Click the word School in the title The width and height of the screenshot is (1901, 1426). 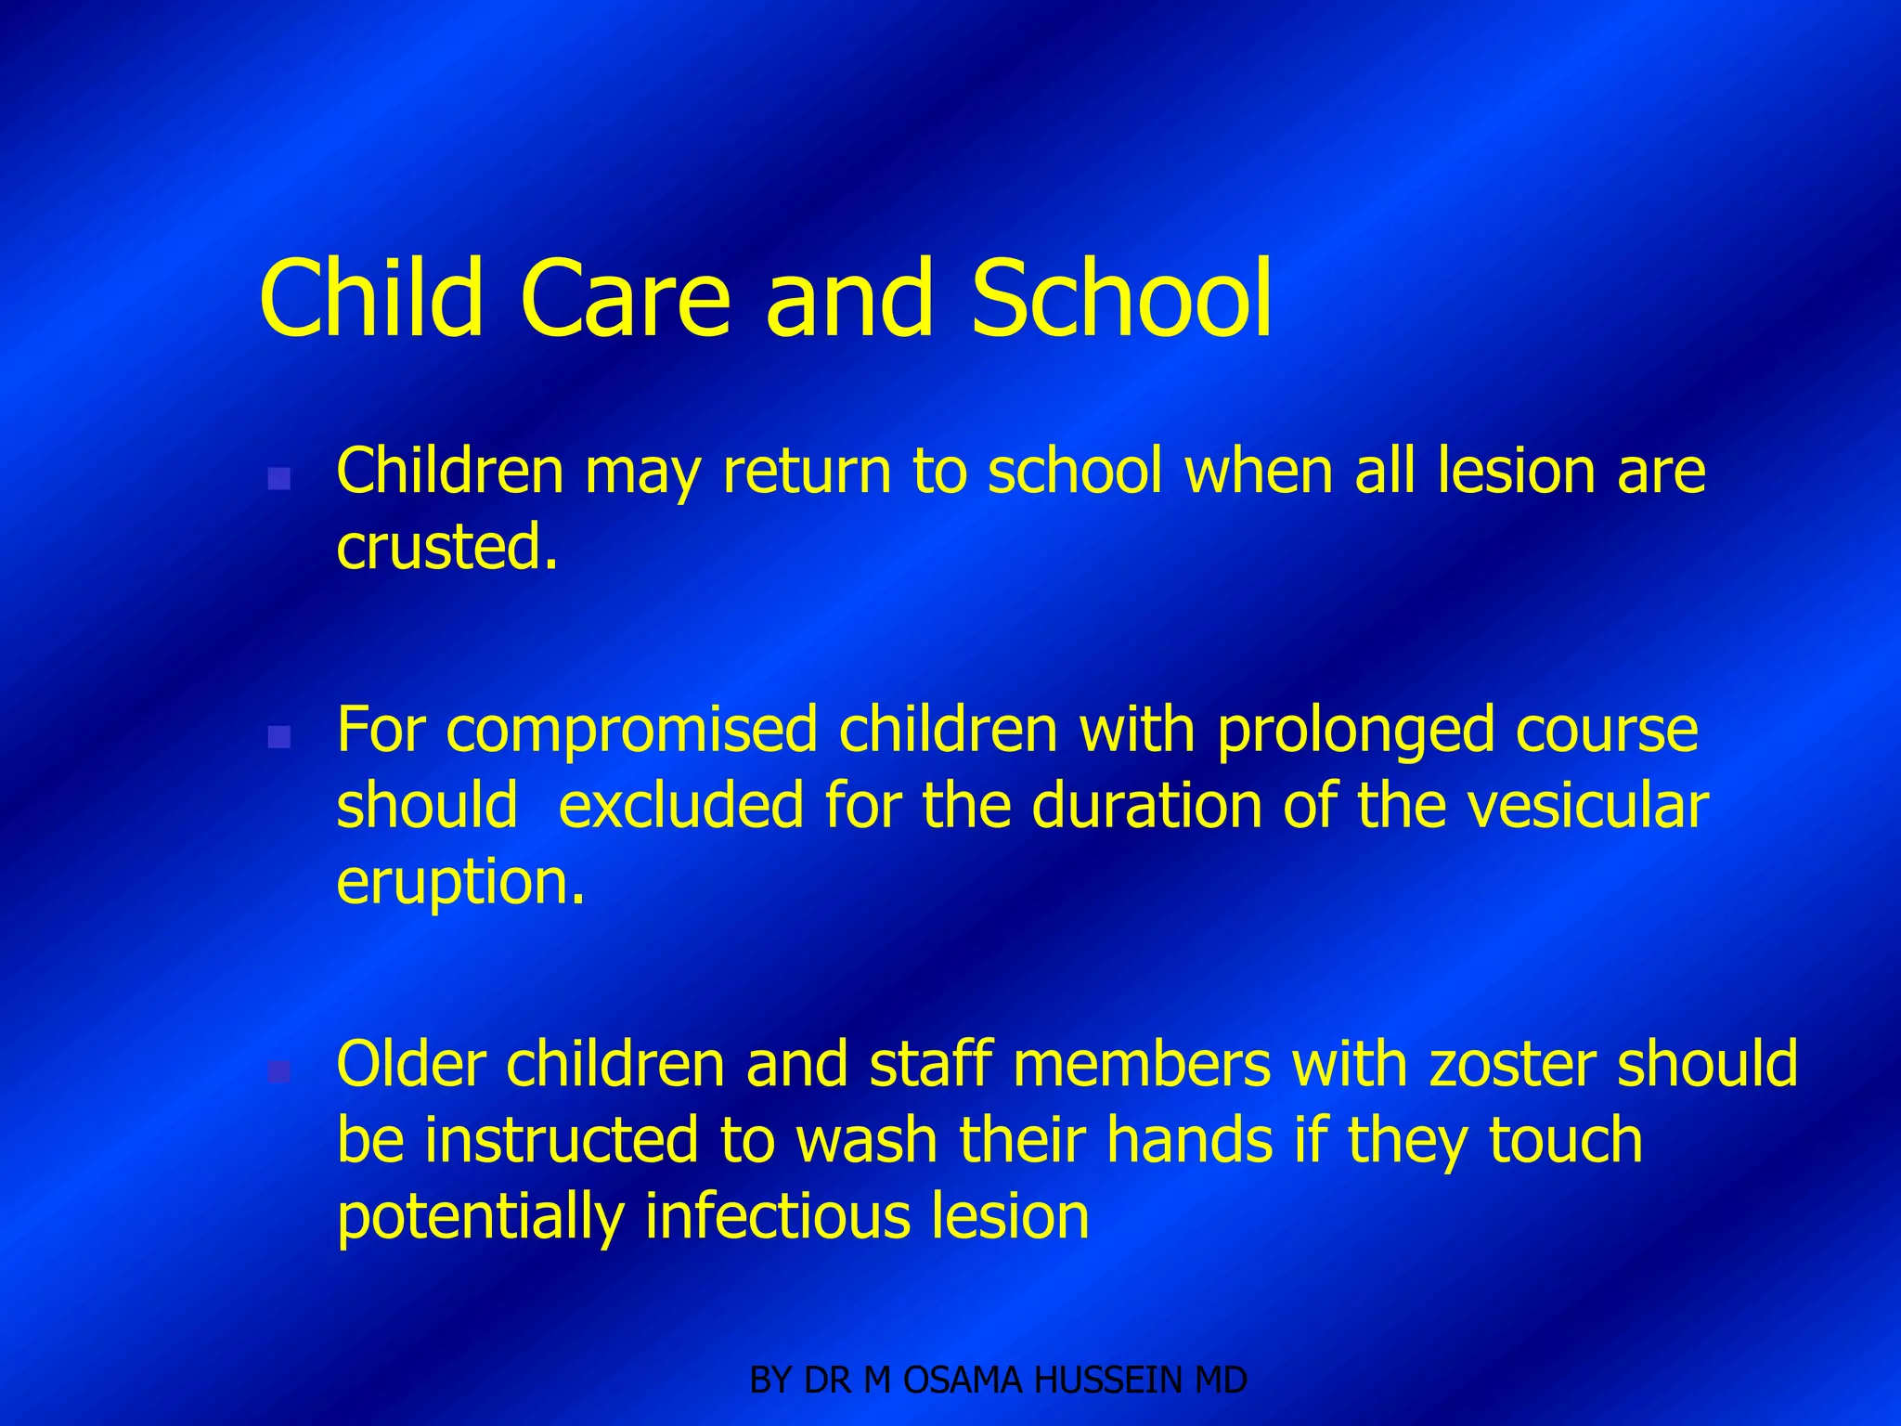1121,299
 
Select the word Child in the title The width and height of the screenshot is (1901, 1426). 371,299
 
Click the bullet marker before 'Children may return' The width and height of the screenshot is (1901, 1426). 278,479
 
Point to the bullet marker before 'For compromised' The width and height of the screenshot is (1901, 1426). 278,737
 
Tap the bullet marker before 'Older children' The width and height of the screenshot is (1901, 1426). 278,1072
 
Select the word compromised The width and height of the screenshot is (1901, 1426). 632,732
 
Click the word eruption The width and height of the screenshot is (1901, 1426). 460,883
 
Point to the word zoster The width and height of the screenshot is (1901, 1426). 1513,1064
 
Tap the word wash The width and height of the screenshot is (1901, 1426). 866,1140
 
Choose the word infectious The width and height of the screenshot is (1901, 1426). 777,1216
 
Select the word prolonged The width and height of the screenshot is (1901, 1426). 1355,732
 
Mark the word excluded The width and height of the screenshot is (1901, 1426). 680,805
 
